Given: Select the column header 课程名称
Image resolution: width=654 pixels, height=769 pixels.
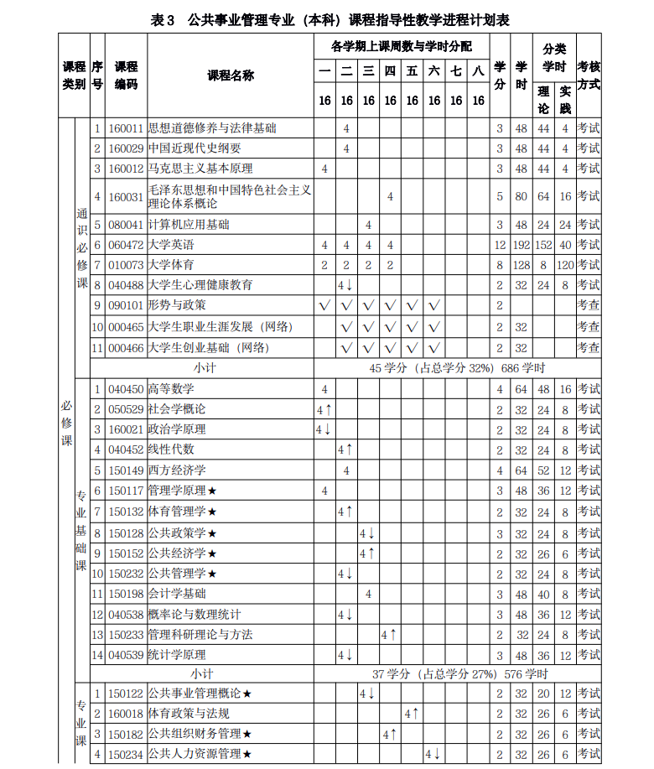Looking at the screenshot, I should point(231,75).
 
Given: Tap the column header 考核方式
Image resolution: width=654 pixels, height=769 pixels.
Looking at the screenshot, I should point(589,75).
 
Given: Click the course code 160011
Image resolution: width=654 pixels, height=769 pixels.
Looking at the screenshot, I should point(126,128).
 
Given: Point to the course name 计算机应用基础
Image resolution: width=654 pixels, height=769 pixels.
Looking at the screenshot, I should point(189,225).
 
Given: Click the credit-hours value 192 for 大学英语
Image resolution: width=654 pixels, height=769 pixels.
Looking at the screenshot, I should point(521,245).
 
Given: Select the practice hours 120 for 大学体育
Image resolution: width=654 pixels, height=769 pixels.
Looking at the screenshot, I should point(565,265).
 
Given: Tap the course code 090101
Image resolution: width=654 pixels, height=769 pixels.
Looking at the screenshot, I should point(126,305).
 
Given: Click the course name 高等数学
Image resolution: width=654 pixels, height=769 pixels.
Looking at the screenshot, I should point(171,389).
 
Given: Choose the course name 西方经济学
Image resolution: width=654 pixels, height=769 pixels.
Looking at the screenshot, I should point(177,470).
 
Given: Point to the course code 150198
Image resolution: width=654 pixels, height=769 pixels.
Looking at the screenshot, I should point(126,594).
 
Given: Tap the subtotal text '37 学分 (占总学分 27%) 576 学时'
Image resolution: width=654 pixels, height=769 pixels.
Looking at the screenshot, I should point(460,673).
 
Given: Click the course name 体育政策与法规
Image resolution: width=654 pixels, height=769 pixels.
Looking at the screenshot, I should point(189,714).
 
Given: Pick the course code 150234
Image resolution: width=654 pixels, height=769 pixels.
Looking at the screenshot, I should point(126,754).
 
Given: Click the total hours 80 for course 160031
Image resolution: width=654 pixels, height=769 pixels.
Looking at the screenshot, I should point(521,196).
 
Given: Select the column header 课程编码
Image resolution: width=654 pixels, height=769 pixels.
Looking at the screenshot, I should point(126,75).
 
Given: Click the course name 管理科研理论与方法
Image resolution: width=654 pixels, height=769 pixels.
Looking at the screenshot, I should point(200,635).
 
